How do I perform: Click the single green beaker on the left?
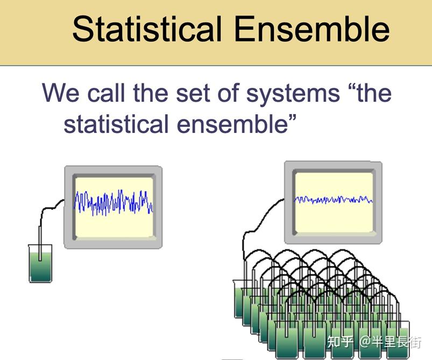pyautogui.click(x=40, y=266)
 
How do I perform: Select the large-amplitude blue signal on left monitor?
pyautogui.click(x=114, y=203)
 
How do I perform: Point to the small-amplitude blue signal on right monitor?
pyautogui.click(x=333, y=200)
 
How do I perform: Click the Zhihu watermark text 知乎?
pyautogui.click(x=341, y=342)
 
